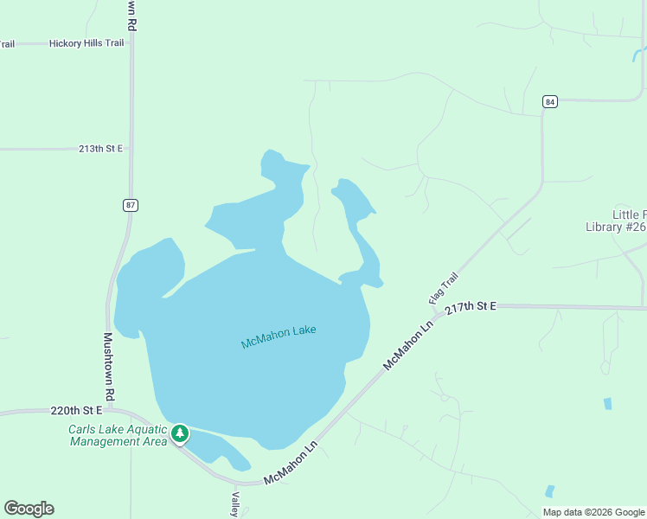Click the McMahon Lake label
[279, 336]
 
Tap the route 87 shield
[131, 205]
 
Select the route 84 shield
[550, 101]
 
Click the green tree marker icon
[180, 432]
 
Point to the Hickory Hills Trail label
[86, 43]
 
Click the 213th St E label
[101, 149]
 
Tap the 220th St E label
[76, 410]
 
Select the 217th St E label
[471, 307]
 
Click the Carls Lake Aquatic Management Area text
[118, 435]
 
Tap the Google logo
[29, 509]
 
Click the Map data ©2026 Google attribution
[593, 512]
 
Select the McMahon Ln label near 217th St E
[407, 346]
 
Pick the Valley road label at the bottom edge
[234, 504]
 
